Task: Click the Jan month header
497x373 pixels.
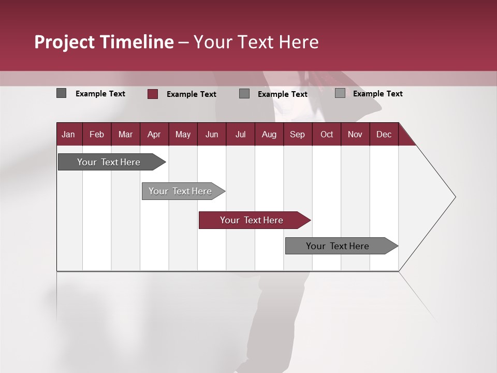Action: pyautogui.click(x=68, y=135)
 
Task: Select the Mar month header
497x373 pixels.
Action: pyautogui.click(x=125, y=135)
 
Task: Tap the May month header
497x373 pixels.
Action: pyautogui.click(x=183, y=135)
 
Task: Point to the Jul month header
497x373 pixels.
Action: pyautogui.click(x=240, y=135)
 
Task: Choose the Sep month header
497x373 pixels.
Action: pyautogui.click(x=297, y=135)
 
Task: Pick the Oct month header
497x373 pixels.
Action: pyautogui.click(x=327, y=135)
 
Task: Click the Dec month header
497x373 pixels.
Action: pyautogui.click(x=384, y=135)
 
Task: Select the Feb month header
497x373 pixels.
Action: pyautogui.click(x=97, y=135)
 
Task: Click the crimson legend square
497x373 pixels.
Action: pyautogui.click(x=153, y=94)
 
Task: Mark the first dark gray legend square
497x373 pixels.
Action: pyautogui.click(x=62, y=93)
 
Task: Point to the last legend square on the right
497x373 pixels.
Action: pyautogui.click(x=340, y=93)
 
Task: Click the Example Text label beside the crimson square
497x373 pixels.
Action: pyautogui.click(x=191, y=94)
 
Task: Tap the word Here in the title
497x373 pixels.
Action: pyautogui.click(x=299, y=42)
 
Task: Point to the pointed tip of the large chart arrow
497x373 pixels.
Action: pyautogui.click(x=455, y=197)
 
